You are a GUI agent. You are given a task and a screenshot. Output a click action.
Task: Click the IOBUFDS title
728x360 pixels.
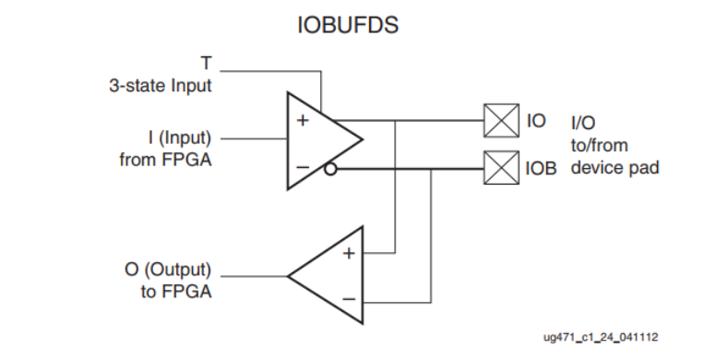tap(348, 25)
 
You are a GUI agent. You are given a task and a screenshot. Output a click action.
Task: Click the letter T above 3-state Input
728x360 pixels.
tap(206, 63)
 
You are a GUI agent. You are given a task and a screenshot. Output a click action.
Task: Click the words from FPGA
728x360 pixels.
tap(165, 160)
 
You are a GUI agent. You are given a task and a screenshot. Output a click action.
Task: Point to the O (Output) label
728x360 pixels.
tap(168, 271)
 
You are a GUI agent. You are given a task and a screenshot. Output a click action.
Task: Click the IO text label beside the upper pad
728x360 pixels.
tap(536, 121)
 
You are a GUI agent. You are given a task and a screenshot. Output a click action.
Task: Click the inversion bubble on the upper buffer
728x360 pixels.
tap(330, 169)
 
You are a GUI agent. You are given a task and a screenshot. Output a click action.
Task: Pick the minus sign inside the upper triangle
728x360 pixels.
tap(302, 166)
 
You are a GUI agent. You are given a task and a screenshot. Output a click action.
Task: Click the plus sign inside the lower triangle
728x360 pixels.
tap(349, 253)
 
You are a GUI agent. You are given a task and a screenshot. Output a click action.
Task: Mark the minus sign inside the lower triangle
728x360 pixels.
tap(349, 300)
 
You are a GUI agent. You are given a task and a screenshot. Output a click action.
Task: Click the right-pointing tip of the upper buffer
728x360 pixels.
tap(362, 140)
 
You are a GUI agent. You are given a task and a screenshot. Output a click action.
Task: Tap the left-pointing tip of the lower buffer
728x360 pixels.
tap(289, 275)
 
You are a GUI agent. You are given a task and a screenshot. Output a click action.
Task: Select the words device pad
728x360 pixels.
tap(615, 170)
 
